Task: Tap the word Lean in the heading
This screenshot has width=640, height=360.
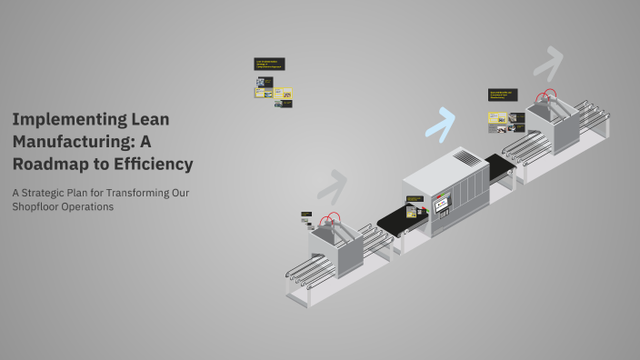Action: point(148,119)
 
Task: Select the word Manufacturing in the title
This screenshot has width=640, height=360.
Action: point(68,142)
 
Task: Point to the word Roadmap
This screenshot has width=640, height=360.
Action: point(48,165)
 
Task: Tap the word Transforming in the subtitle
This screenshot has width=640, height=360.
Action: point(132,193)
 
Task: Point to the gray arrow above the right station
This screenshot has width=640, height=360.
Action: point(547,64)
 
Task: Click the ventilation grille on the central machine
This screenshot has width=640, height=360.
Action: point(465,158)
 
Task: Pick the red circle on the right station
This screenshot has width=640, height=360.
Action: point(547,95)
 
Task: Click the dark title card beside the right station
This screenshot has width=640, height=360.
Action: point(502,95)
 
